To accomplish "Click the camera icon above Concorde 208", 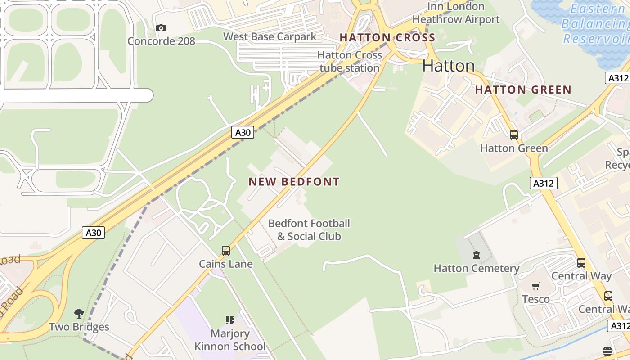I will (x=161, y=28).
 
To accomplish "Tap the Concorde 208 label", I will (x=161, y=41).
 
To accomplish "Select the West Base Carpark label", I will (x=270, y=37).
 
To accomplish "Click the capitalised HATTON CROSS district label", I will (x=387, y=38).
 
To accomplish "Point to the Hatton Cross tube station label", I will (x=350, y=62).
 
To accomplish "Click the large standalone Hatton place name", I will (x=449, y=66).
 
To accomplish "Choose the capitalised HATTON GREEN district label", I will (x=523, y=90).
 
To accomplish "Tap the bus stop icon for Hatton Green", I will (x=513, y=135).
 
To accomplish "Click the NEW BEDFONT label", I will (x=294, y=182).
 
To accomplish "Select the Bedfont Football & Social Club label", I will (x=309, y=230).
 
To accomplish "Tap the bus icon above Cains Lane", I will (x=226, y=251).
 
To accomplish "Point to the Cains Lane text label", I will (x=226, y=264).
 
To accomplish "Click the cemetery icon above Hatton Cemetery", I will (x=477, y=256).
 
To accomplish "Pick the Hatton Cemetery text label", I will (x=477, y=269).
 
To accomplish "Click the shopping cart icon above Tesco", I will (x=535, y=286).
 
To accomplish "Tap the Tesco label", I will (x=535, y=299).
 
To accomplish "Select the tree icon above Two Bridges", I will (x=79, y=313).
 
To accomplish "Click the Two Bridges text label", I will (x=79, y=327).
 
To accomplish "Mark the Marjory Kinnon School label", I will (x=230, y=340).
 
